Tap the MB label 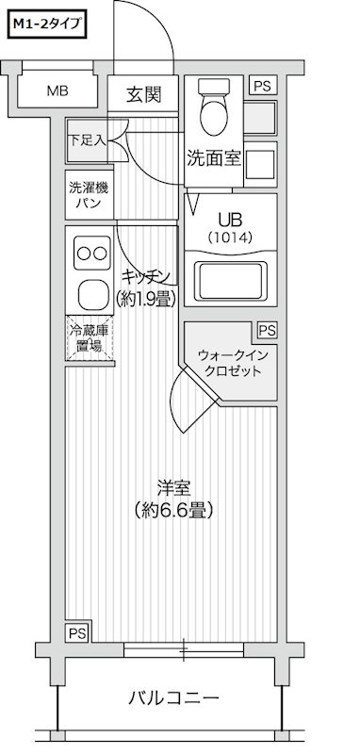(x=58, y=91)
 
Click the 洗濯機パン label (x=89, y=194)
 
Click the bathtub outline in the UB (x=230, y=281)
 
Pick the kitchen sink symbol (x=92, y=295)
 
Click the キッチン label (x=147, y=276)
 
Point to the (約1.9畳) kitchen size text (x=147, y=299)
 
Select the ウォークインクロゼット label (x=231, y=362)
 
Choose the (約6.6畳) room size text (x=173, y=512)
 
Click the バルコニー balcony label (x=173, y=698)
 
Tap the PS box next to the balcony (x=75, y=631)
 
